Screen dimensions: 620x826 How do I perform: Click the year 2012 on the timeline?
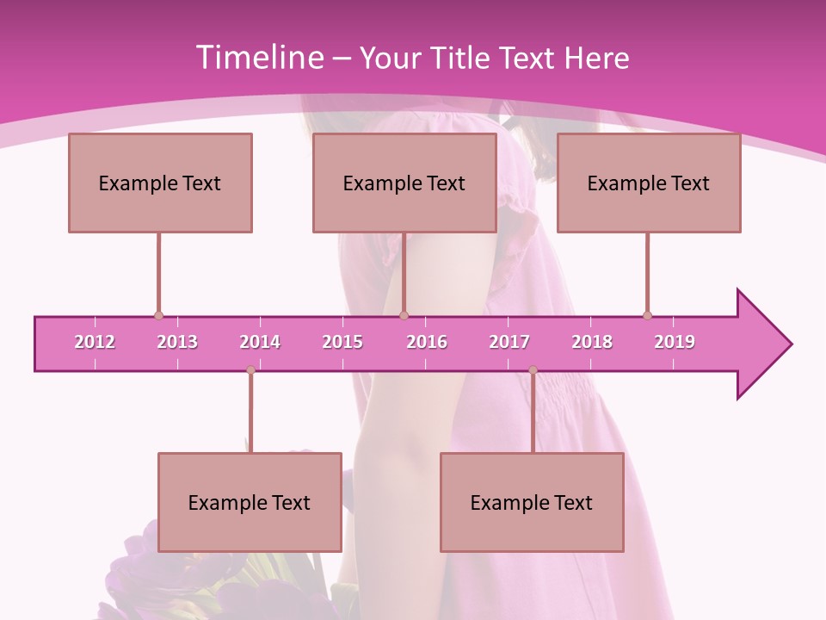[x=95, y=342]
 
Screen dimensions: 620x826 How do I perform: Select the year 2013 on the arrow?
[x=177, y=342]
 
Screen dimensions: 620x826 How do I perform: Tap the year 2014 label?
[x=260, y=342]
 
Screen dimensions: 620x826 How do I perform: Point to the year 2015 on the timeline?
[x=342, y=342]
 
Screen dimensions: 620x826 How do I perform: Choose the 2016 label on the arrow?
[x=427, y=342]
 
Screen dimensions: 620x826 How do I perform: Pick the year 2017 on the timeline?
[x=509, y=342]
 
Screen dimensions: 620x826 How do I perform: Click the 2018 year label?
[x=592, y=342]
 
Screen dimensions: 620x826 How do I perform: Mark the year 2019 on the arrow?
[x=675, y=342]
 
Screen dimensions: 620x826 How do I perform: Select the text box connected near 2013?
[x=160, y=183]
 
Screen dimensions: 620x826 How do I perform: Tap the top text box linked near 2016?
[x=404, y=183]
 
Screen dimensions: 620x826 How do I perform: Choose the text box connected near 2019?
[x=649, y=183]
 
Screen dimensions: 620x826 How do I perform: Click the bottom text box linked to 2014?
[x=250, y=502]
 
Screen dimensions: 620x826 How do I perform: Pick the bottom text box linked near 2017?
[x=532, y=502]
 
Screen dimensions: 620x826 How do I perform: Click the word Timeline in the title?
[x=259, y=58]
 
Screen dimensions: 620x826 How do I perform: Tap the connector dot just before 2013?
[x=158, y=315]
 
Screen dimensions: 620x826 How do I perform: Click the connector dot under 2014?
[x=250, y=370]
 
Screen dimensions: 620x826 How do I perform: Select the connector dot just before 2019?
[x=647, y=315]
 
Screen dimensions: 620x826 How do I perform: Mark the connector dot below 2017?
[x=533, y=370]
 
